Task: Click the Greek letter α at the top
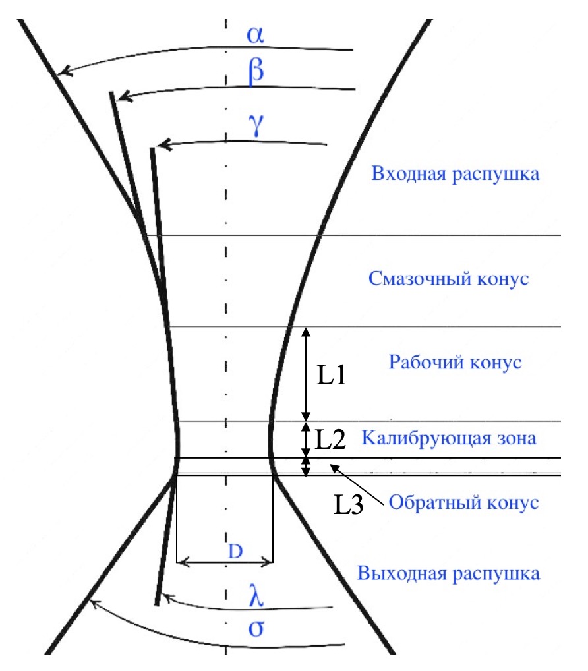click(x=256, y=35)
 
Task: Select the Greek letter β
click(x=256, y=72)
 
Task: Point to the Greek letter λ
click(x=256, y=595)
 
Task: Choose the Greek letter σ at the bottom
click(x=256, y=628)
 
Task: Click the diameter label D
click(x=235, y=551)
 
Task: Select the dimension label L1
click(x=331, y=375)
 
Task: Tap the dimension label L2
click(x=330, y=439)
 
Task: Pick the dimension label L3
click(x=348, y=504)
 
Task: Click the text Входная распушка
click(x=456, y=174)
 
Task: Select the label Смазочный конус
click(x=448, y=279)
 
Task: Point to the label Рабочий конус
click(x=455, y=362)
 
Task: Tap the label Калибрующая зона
click(x=449, y=438)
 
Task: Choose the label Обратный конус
click(x=463, y=502)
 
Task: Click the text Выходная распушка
click(x=448, y=573)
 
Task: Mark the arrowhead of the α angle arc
click(x=64, y=71)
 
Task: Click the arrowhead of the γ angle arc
click(x=163, y=144)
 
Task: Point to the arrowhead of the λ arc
click(x=167, y=597)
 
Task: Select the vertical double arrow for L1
click(x=306, y=374)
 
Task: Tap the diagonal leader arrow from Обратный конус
click(x=357, y=484)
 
